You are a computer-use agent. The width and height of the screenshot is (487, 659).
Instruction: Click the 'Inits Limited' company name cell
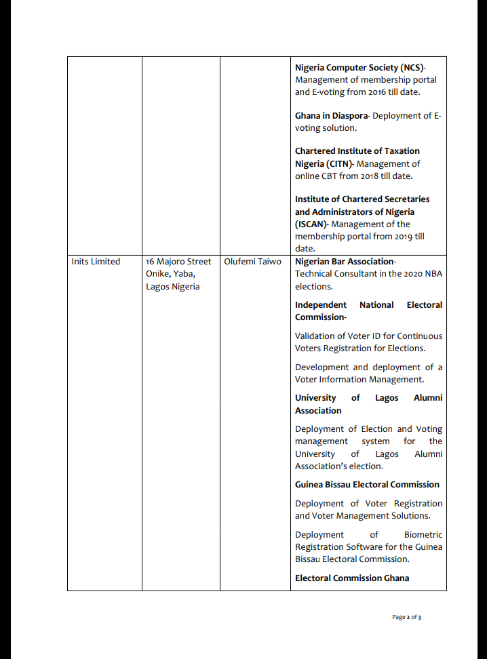[x=96, y=262]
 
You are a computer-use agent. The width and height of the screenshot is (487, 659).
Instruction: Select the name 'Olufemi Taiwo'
[x=252, y=262]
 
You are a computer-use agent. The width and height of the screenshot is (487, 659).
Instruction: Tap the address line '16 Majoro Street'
[x=178, y=262]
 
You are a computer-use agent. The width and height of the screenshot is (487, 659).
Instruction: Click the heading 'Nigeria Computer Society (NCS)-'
[x=360, y=68]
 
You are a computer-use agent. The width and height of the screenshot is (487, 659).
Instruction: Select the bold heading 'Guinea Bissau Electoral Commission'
[x=367, y=485]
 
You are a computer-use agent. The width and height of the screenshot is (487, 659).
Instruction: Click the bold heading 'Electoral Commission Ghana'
[x=352, y=578]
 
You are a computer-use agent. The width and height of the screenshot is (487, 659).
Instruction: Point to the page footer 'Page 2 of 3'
[x=406, y=617]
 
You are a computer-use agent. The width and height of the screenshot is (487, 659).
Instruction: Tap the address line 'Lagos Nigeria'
[x=172, y=287]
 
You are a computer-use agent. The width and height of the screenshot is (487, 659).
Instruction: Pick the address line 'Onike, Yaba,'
[x=170, y=274]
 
